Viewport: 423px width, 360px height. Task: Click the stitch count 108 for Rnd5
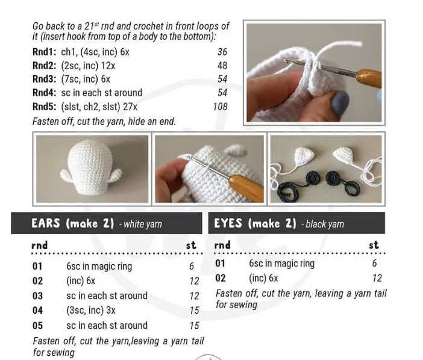[220, 107]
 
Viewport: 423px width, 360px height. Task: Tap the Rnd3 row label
[44, 79]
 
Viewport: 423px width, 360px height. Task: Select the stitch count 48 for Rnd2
[222, 66]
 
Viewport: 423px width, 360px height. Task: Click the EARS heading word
[46, 223]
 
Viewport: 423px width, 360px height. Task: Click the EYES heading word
[228, 223]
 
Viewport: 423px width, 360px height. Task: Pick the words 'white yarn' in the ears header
[143, 224]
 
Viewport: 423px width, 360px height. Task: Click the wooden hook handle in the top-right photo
[369, 78]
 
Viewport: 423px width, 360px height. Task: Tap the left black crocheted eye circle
[313, 178]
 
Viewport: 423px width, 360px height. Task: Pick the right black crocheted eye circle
[334, 178]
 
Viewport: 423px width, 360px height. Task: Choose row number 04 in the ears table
[37, 311]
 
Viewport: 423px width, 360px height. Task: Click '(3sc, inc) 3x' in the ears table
[91, 311]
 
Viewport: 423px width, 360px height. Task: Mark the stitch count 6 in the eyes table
[374, 263]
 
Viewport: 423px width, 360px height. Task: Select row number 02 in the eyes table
[221, 278]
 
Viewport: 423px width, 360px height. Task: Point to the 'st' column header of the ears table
[191, 246]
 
